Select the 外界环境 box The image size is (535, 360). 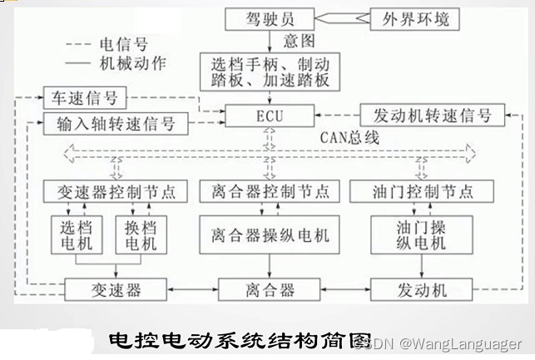414,18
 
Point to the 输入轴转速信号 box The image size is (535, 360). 116,125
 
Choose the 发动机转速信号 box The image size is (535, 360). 431,116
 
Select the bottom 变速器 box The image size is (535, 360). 116,290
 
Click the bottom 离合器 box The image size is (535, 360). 269,290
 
